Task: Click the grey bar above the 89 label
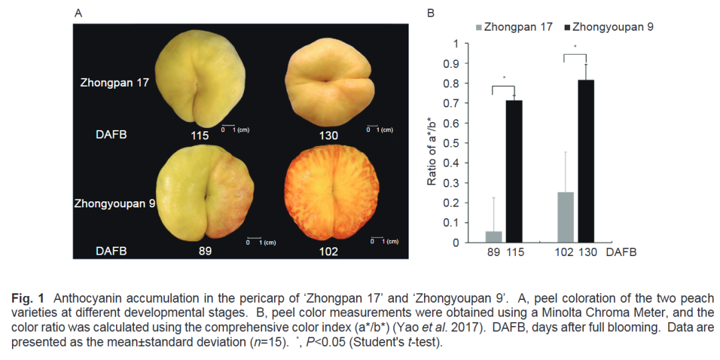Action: (494, 237)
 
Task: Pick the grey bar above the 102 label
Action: (565, 217)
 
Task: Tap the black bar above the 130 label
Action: (586, 161)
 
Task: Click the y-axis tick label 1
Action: (456, 44)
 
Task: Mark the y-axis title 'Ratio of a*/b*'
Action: (432, 143)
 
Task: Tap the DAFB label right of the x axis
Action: (621, 253)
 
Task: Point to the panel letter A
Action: (78, 13)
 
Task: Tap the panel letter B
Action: (431, 13)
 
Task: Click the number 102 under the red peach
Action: (328, 251)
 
